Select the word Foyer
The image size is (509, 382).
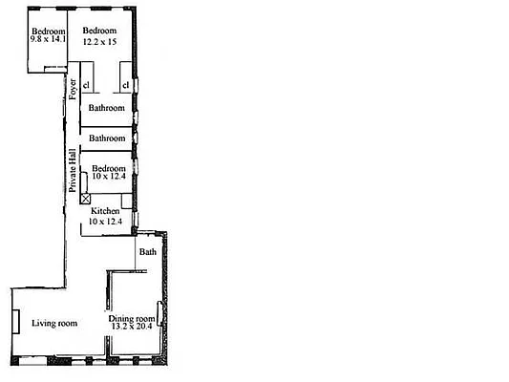coord(73,88)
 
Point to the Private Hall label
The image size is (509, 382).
coord(72,171)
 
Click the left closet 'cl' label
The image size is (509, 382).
coord(86,86)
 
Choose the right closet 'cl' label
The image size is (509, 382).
coord(125,86)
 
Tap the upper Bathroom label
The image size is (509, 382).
coord(107,108)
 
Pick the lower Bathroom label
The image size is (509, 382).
coord(107,138)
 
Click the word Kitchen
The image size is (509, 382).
coord(105,210)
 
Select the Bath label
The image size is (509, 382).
coord(147,252)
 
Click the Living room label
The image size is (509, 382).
coord(54,324)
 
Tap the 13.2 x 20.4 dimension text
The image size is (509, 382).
coord(132,329)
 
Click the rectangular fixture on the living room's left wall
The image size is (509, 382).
coord(15,321)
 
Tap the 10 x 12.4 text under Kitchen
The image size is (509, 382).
coord(106,221)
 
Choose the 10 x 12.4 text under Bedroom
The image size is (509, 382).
coord(108,179)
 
